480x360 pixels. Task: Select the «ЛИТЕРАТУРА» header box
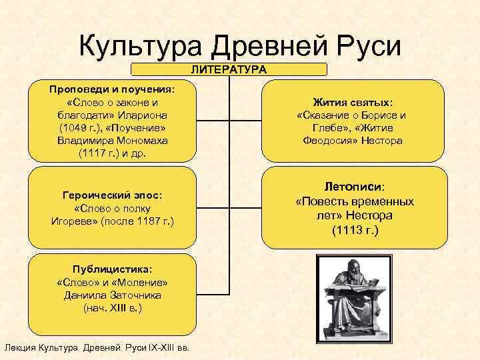(x=229, y=69)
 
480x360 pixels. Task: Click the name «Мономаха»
(x=145, y=140)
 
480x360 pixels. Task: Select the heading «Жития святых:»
(x=353, y=103)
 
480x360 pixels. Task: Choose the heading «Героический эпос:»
(x=113, y=195)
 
